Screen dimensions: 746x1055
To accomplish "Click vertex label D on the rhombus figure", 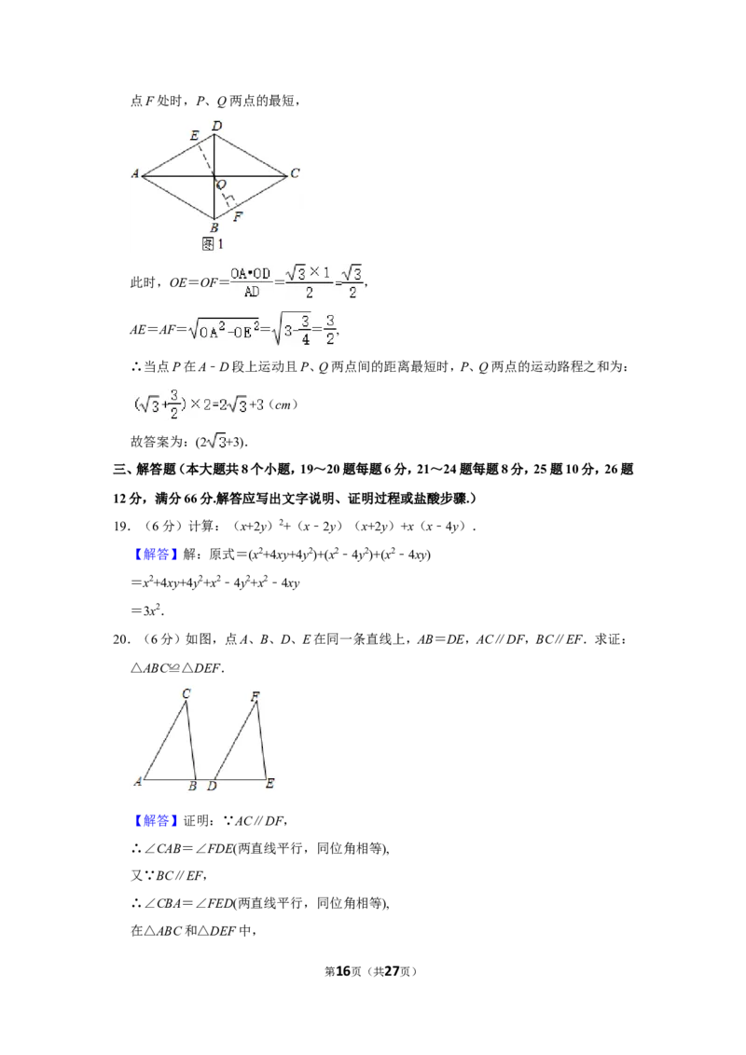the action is coord(216,125).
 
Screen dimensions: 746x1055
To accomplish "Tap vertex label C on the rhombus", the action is coord(295,173).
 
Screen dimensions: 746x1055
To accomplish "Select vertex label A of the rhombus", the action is coord(134,173).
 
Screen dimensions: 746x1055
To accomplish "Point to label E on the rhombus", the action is coord(195,135).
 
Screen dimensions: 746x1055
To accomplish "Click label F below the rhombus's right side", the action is coord(238,216).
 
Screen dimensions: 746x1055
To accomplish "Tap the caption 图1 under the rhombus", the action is coord(212,243).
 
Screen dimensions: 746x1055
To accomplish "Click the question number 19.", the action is coord(121,527).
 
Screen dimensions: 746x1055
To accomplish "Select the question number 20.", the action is coord(121,639).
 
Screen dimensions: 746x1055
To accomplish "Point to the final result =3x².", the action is coord(146,610).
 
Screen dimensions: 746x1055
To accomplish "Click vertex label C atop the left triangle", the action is coord(186,693).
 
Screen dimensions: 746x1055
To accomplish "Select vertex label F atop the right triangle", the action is coord(256,695).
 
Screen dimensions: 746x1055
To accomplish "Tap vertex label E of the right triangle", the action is coord(270,783).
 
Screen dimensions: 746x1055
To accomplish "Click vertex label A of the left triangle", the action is coord(138,781).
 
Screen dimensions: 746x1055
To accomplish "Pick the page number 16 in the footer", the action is coord(343,971).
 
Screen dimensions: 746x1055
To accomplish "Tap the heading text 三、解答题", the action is coord(145,469).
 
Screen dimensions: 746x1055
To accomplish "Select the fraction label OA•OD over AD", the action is coord(251,281).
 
